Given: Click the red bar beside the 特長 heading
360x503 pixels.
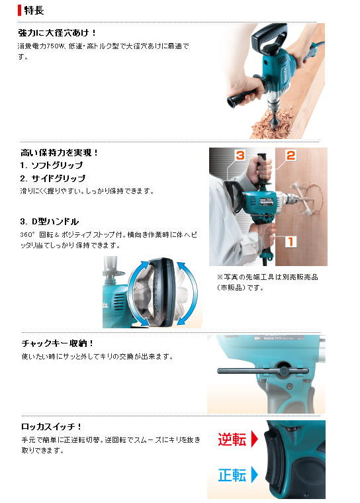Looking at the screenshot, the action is tap(20, 11).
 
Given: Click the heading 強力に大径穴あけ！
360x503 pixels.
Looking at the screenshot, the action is tap(57, 32).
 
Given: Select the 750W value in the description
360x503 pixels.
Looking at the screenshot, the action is tap(54, 46).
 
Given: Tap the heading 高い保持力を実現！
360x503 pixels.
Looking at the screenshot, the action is tap(60, 153).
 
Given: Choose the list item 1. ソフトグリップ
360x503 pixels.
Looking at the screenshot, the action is tap(52, 165).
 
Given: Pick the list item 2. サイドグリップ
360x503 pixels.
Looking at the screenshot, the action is tap(53, 178).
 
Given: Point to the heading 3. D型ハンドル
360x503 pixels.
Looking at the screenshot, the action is tap(50, 222).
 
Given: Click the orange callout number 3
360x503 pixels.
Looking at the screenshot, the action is tap(240, 156).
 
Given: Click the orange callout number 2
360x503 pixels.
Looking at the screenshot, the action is tap(291, 156).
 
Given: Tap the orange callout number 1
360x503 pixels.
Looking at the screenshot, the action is tap(291, 241).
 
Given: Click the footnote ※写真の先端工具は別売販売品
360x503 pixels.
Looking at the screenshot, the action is tap(267, 277).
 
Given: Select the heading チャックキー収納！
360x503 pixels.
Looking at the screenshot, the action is tap(58, 343).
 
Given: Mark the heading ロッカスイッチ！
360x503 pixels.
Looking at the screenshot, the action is tap(52, 427).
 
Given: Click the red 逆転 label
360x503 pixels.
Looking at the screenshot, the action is tap(232, 439).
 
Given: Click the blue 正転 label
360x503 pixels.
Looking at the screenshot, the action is tap(232, 475).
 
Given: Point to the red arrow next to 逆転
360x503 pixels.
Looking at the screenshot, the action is tap(254, 439).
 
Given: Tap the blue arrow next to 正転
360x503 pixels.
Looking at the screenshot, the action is tap(254, 475).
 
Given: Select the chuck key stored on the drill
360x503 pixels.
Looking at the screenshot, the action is tap(263, 371).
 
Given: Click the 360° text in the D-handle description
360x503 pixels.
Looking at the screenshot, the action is tap(26, 235).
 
